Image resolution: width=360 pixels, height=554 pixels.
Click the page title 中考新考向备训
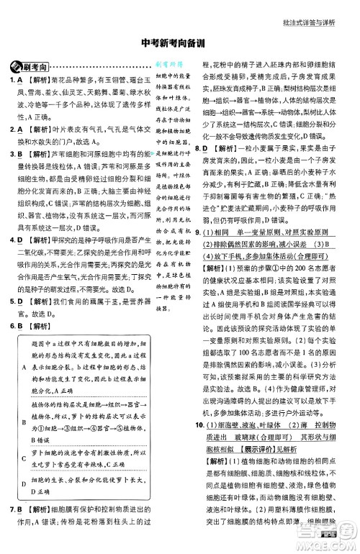[179, 42]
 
